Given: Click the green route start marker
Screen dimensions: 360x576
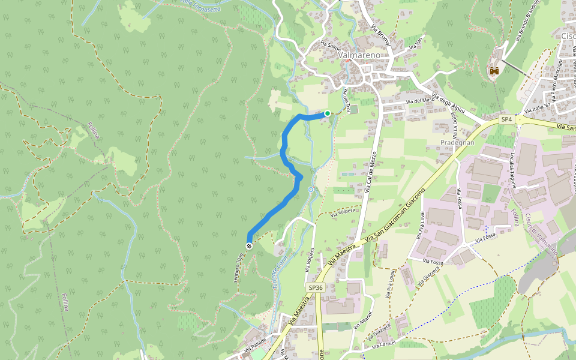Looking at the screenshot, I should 328,113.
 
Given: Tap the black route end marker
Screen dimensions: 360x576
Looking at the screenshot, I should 249,245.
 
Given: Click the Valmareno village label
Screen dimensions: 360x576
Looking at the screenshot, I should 359,55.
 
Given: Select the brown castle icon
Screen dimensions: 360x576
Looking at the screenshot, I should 495,70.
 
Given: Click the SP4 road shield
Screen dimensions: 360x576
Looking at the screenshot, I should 507,119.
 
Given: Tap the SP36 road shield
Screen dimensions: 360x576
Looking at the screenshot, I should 316,288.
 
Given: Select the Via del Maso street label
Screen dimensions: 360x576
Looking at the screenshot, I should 419,100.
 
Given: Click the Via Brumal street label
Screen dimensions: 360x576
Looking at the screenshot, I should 380,35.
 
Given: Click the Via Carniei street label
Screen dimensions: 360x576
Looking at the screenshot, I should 383,346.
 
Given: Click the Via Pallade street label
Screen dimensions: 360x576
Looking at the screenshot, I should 256,346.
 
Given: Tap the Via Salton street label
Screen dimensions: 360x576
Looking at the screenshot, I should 330,46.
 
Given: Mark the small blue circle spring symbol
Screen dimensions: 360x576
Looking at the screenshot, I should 311,190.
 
